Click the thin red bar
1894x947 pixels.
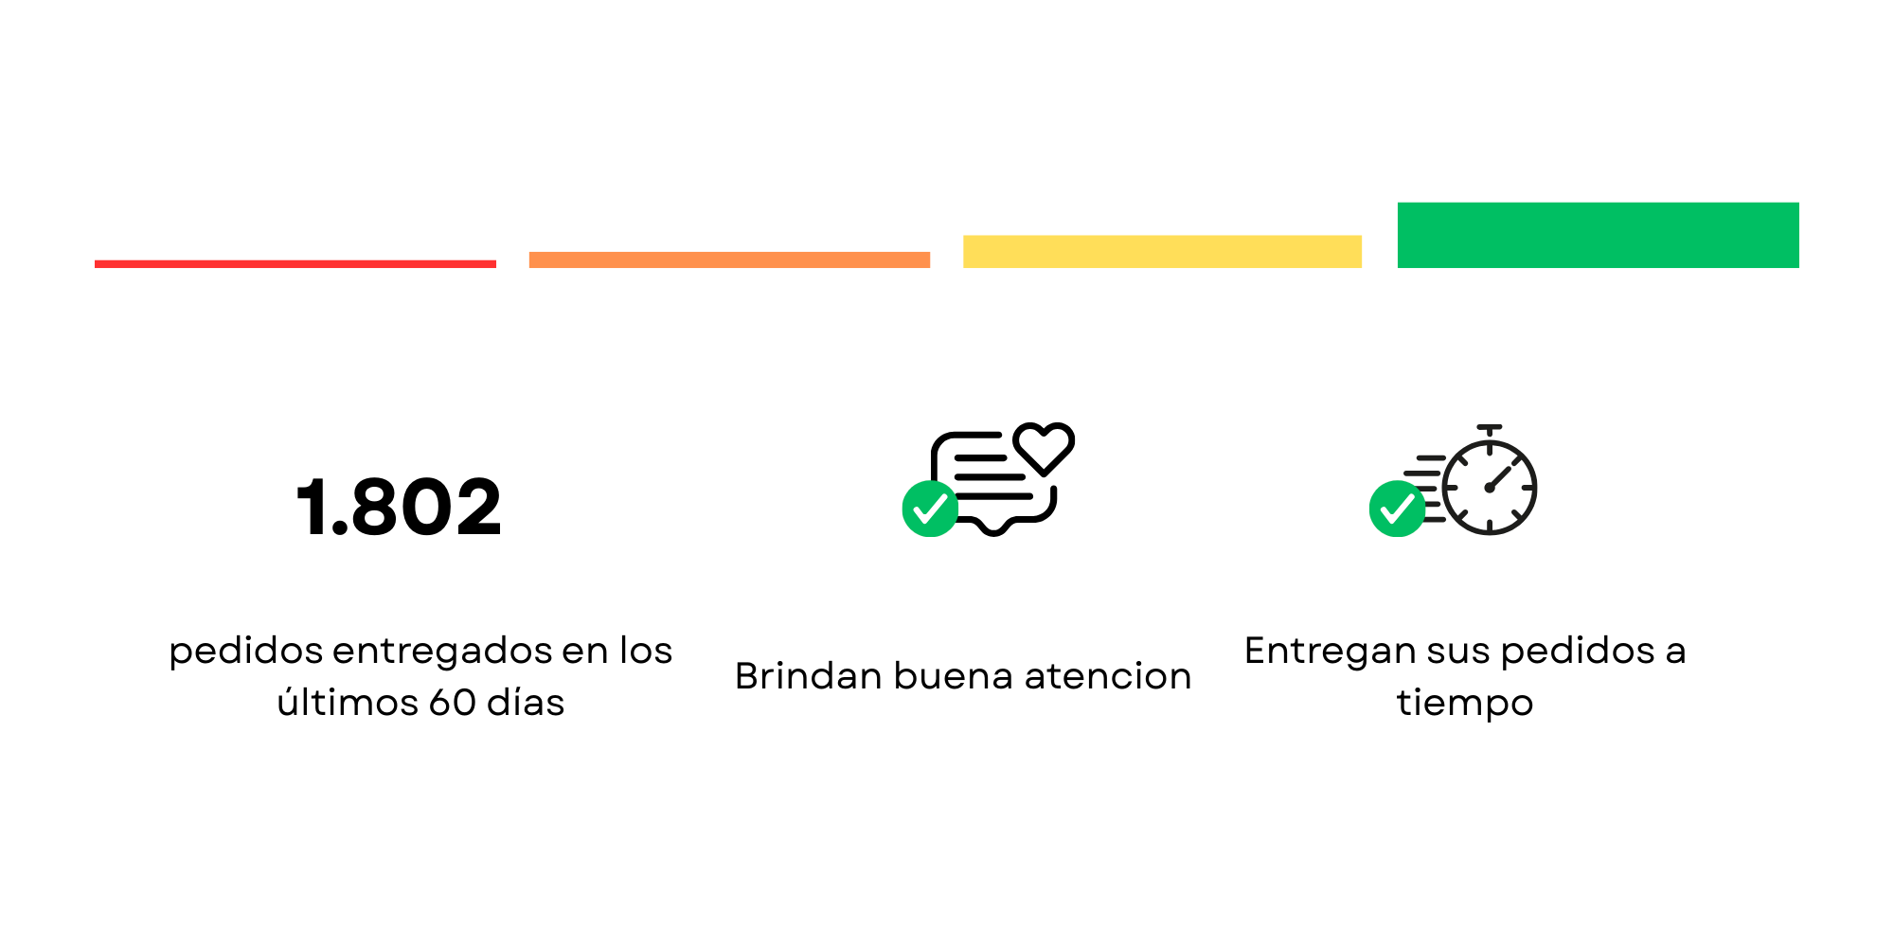pos(295,264)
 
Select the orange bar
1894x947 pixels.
pos(729,259)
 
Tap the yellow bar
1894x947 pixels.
pos(1163,252)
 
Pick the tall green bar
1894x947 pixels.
pos(1598,235)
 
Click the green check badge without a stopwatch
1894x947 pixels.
pos(930,509)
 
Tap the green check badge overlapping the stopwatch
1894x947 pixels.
pos(1397,509)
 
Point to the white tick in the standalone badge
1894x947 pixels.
pos(930,509)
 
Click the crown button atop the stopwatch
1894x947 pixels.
pos(1490,428)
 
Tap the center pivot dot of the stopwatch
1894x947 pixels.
pos(1490,488)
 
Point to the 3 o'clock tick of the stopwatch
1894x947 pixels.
pos(1527,488)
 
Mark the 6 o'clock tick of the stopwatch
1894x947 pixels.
pos(1490,526)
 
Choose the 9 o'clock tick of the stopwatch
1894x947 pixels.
pos(1452,488)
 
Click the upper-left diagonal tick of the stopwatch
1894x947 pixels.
pos(1463,461)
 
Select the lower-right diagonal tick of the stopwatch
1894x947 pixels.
pos(1516,514)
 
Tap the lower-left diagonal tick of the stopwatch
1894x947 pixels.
pos(1463,514)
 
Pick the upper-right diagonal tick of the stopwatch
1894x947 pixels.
pos(1517,461)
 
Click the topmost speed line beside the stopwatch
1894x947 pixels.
pos(1431,457)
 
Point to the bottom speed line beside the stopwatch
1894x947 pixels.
pos(1436,519)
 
